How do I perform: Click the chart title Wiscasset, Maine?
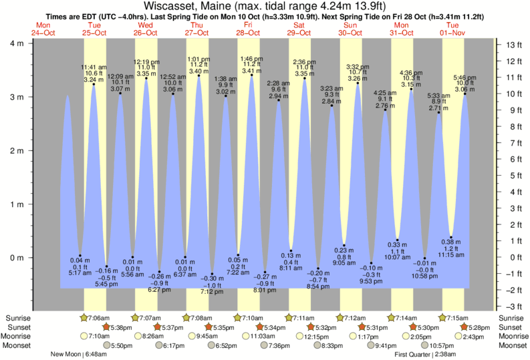(x=194, y=6)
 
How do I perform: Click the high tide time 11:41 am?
(x=94, y=67)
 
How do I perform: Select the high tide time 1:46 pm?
(x=251, y=59)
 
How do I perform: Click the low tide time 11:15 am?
(x=452, y=255)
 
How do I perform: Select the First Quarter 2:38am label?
(x=426, y=355)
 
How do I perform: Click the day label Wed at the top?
(x=145, y=25)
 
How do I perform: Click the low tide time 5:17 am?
(x=80, y=273)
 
